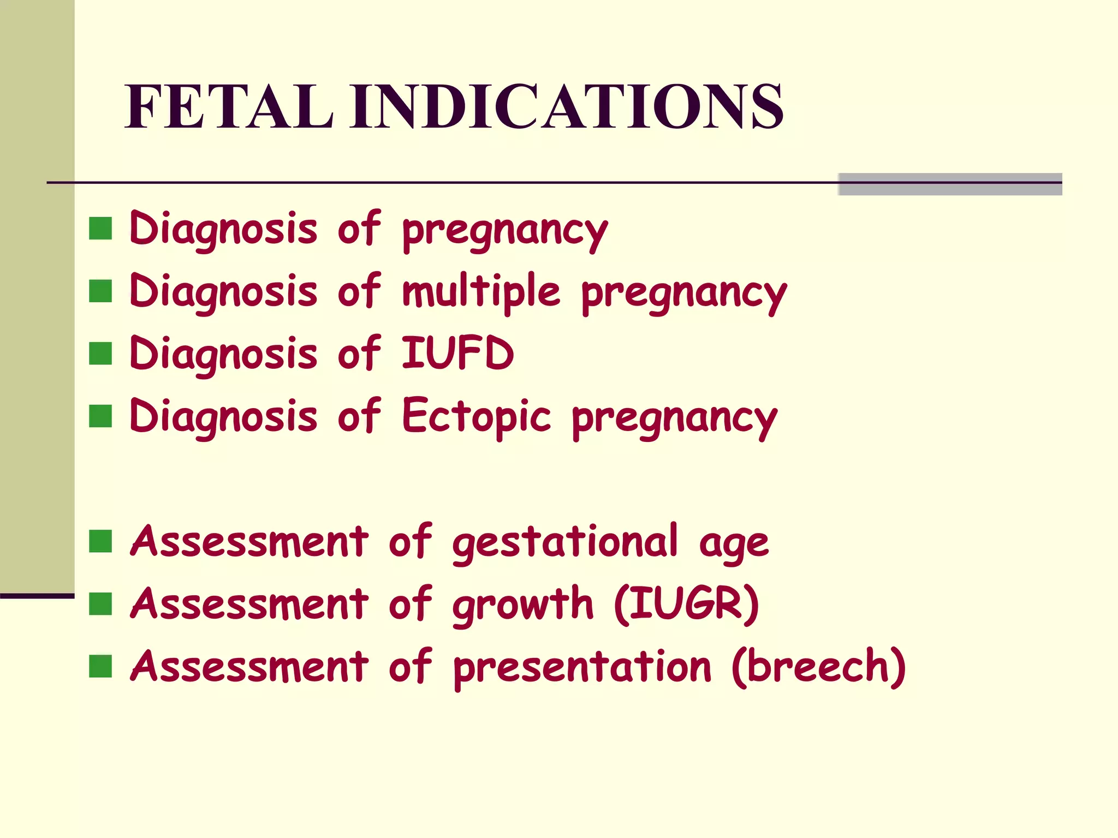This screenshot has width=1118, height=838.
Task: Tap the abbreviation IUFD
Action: pyautogui.click(x=457, y=353)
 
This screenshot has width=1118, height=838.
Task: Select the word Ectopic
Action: pyautogui.click(x=476, y=416)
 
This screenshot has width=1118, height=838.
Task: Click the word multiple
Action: pyautogui.click(x=480, y=290)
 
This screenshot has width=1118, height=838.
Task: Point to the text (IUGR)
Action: pyautogui.click(x=686, y=604)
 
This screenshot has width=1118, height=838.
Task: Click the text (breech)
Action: pyautogui.click(x=818, y=667)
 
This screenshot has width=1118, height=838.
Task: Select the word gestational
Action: pyautogui.click(x=564, y=543)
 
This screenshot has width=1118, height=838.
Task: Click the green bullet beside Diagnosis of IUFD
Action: pyautogui.click(x=100, y=354)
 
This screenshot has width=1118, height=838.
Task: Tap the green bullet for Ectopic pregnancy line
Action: pyautogui.click(x=100, y=416)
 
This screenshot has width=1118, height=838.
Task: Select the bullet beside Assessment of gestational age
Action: pyautogui.click(x=100, y=541)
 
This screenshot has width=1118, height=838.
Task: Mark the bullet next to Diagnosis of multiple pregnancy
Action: pyautogui.click(x=100, y=291)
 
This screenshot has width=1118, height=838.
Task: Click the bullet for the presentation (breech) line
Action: pyautogui.click(x=100, y=666)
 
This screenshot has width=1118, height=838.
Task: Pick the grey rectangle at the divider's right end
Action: pyautogui.click(x=950, y=184)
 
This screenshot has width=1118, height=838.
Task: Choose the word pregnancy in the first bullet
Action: pyautogui.click(x=505, y=230)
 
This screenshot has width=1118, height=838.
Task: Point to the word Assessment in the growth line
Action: pyautogui.click(x=249, y=604)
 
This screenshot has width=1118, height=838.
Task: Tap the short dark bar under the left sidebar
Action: pyautogui.click(x=37, y=596)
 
